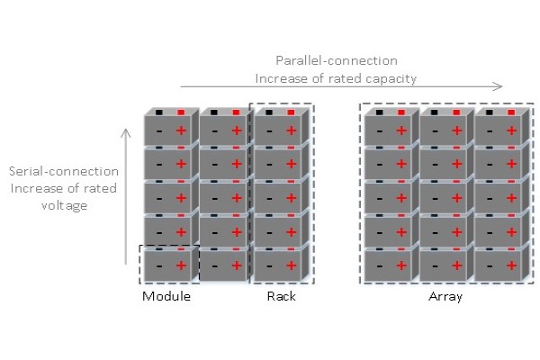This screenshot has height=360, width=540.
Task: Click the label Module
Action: [x=166, y=296]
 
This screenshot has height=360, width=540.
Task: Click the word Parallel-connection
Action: [x=336, y=61]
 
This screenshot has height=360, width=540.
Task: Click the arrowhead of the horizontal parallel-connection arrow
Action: [x=497, y=86]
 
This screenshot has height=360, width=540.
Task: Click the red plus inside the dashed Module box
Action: [x=181, y=265]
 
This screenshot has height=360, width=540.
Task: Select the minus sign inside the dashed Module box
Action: [x=159, y=265]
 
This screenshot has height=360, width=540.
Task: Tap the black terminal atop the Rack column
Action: [x=268, y=112]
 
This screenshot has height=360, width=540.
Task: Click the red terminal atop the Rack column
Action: [x=290, y=112]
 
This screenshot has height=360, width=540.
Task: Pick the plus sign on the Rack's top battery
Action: [x=291, y=131]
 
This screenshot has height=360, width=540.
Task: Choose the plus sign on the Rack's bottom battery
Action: [x=291, y=265]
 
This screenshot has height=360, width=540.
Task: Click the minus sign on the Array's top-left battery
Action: [x=380, y=131]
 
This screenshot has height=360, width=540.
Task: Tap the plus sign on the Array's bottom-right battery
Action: [x=511, y=265]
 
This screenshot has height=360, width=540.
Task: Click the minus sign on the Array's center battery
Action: [x=435, y=198]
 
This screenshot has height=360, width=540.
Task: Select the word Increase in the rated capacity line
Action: [x=279, y=78]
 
